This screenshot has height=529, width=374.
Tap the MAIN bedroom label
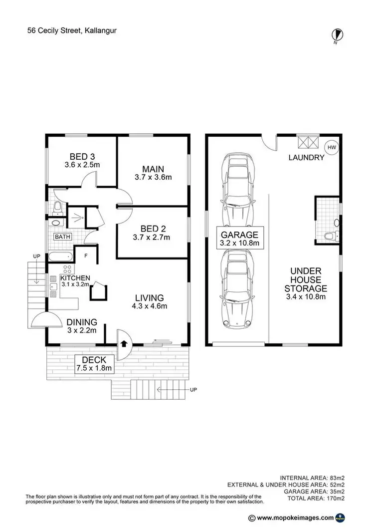(x=153, y=169)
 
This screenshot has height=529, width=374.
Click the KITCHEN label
(x=75, y=278)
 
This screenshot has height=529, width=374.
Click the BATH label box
(x=62, y=237)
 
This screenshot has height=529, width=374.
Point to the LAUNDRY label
(x=306, y=158)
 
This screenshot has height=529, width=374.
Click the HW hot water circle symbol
(x=332, y=147)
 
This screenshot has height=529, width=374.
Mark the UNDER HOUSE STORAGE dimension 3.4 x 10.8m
(x=305, y=297)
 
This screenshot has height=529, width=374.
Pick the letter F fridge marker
(x=86, y=256)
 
